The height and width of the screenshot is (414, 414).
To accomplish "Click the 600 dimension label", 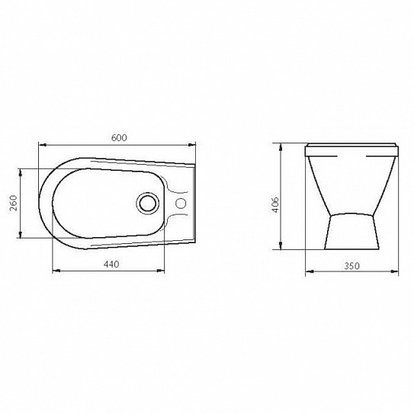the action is click(119, 137).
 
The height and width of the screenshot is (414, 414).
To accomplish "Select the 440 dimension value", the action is click(111, 264).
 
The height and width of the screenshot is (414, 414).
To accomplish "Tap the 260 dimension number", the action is click(13, 203).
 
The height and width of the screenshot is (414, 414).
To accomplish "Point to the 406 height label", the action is click(274, 204).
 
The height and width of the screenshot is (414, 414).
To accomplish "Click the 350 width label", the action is click(351, 266).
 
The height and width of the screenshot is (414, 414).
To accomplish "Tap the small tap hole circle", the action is click(181, 203).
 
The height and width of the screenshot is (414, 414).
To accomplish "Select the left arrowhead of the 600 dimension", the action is click(43, 145).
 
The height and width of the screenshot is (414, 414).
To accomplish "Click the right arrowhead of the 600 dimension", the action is click(191, 145).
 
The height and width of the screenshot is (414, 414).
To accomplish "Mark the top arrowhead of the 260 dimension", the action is click(21, 172).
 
